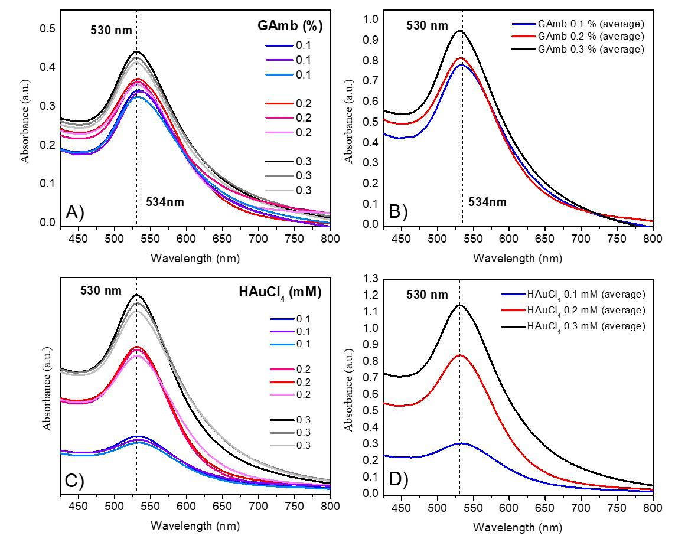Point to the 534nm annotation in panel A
point(165,202)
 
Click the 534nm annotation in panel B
point(488,202)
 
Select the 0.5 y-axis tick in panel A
point(47,29)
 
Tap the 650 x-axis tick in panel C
point(223,506)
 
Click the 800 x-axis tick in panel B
point(652,239)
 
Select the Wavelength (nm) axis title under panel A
point(195,258)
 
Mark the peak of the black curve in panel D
point(459,305)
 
